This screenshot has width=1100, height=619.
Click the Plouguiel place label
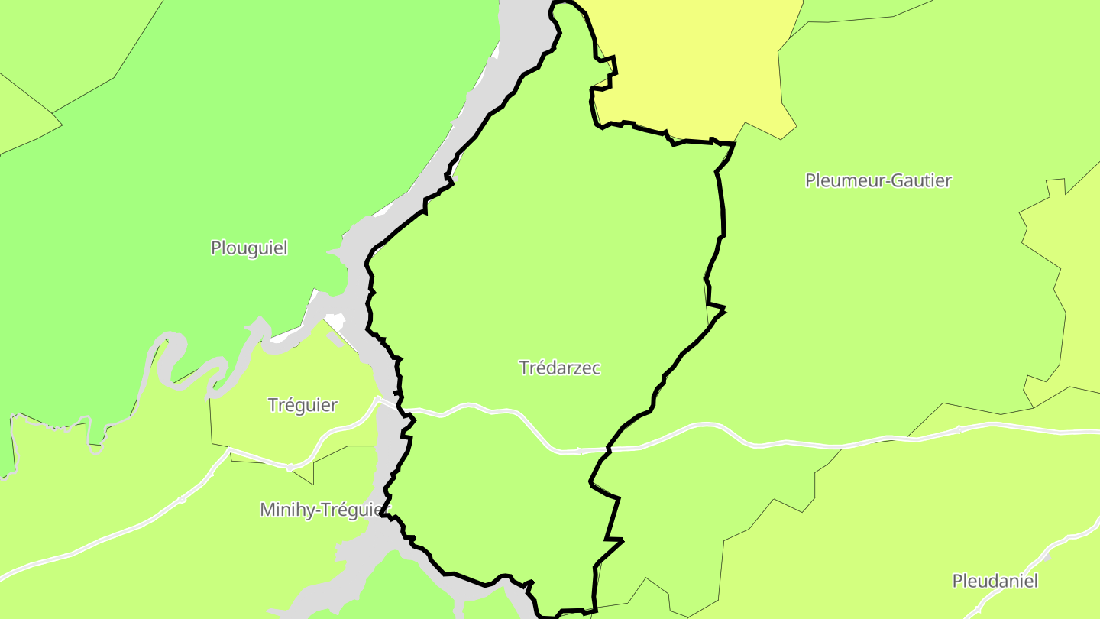(x=249, y=248)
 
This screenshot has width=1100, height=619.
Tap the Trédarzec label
(x=560, y=368)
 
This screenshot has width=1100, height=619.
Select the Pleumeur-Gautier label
(x=878, y=180)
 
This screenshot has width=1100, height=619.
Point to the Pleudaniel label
(x=995, y=581)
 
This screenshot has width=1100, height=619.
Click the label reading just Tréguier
(x=302, y=405)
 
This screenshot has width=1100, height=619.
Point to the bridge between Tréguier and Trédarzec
(x=389, y=403)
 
